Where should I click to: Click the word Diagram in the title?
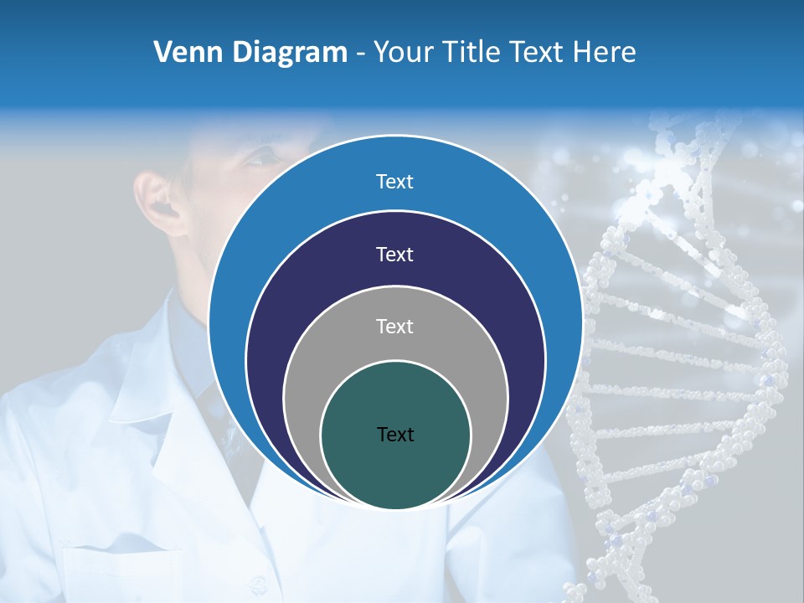coord(290,53)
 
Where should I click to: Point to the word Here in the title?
coord(605,53)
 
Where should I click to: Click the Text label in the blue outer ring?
coord(394,182)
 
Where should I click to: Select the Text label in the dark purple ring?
coord(394,255)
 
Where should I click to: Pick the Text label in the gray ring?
coord(394,327)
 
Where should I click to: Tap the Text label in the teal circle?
coord(394,435)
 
